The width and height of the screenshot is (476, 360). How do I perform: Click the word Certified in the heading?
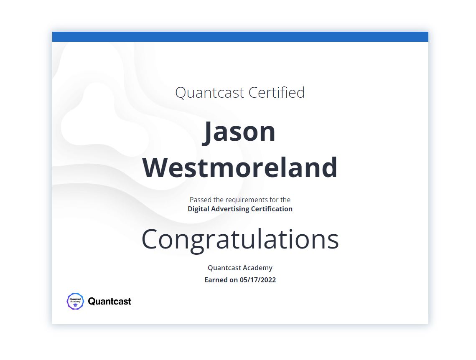coord(277,92)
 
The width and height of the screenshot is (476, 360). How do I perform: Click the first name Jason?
coord(239,132)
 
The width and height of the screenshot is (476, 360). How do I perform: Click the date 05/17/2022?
coord(258,280)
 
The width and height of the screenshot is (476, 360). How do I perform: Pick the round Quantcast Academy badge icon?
coord(75,301)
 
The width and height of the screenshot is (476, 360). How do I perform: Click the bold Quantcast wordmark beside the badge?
coord(109,301)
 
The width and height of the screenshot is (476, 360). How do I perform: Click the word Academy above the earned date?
coord(259,268)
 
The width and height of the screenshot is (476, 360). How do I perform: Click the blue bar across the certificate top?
coord(240,37)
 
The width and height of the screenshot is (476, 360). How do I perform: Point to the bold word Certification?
coord(272,209)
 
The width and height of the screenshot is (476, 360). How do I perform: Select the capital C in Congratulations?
coord(150,239)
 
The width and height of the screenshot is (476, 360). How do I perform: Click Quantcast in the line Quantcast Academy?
coord(226,268)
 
